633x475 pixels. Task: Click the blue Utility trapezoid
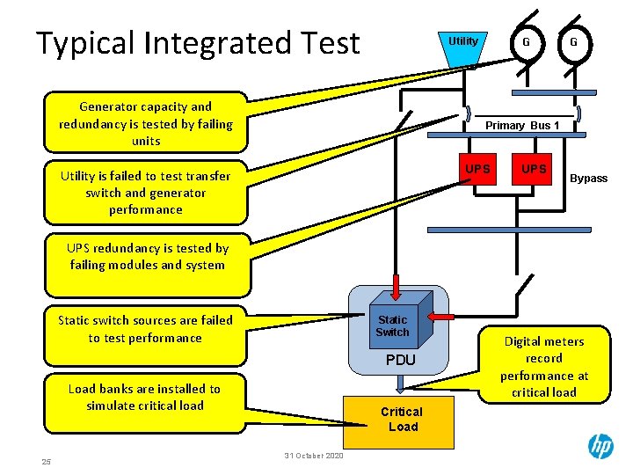pyautogui.click(x=463, y=46)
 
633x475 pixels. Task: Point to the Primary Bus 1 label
pyautogui.click(x=522, y=126)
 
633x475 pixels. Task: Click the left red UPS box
pyautogui.click(x=478, y=169)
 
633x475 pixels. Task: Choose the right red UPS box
pyautogui.click(x=533, y=169)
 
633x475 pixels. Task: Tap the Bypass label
pyautogui.click(x=588, y=179)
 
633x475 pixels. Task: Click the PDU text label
pyautogui.click(x=401, y=361)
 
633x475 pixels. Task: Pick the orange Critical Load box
pyautogui.click(x=401, y=420)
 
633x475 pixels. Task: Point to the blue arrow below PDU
pyautogui.click(x=400, y=383)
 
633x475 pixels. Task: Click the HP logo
pyautogui.click(x=600, y=447)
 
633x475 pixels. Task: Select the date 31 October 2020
pyautogui.click(x=314, y=455)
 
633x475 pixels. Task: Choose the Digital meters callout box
pyautogui.click(x=543, y=367)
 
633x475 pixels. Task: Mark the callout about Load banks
pyautogui.click(x=145, y=398)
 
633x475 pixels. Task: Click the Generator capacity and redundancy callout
pyautogui.click(x=146, y=124)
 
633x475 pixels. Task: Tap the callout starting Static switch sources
pyautogui.click(x=146, y=330)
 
